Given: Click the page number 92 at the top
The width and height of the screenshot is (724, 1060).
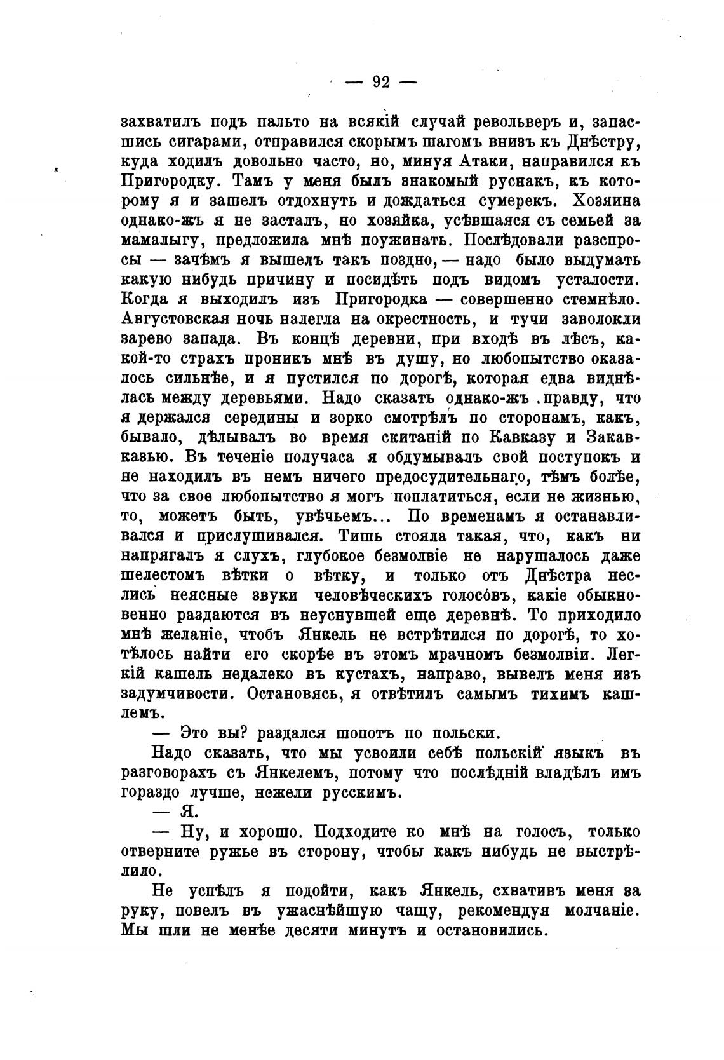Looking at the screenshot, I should coord(380,82).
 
